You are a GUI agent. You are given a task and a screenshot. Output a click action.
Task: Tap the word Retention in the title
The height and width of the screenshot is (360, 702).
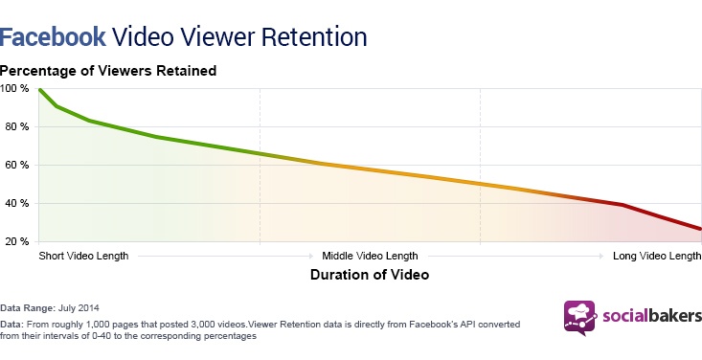pos(312,36)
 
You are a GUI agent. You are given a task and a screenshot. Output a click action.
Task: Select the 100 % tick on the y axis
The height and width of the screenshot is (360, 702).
pos(14,88)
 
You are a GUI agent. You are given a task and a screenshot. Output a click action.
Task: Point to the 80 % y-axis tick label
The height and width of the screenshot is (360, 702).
pos(16,126)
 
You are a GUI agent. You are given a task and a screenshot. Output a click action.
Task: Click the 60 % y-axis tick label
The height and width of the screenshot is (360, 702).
pos(16,165)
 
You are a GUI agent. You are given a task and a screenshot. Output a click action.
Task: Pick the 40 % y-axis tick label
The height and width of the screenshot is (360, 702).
pos(16,203)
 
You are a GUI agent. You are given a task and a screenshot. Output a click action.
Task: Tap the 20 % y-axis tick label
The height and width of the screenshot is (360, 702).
pos(16,241)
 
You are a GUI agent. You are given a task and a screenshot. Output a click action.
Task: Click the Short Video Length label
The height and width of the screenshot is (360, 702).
pos(83,257)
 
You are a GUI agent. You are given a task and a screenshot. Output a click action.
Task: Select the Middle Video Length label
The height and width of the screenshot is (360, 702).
pos(370,257)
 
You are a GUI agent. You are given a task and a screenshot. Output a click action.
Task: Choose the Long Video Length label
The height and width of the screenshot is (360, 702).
pos(657,257)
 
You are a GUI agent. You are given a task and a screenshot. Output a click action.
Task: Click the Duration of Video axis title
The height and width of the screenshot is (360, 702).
pos(370,274)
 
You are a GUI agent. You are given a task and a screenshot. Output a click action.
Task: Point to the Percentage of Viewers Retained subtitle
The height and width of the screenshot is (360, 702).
pos(108,70)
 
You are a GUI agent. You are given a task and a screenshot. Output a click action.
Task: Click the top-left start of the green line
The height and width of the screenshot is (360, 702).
pos(40,89)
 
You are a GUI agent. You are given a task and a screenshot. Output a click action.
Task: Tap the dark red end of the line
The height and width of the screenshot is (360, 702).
pos(700,229)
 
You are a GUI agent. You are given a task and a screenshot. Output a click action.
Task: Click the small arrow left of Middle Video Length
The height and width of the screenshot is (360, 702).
pos(311,257)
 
